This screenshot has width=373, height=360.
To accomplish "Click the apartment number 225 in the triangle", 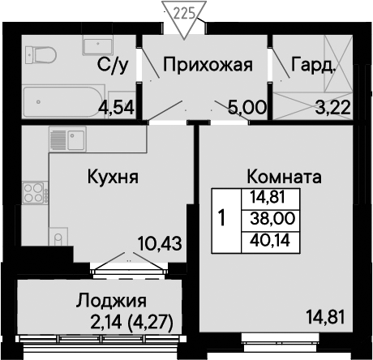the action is (x=184, y=14).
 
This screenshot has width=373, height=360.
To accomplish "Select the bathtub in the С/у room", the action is (x=64, y=102).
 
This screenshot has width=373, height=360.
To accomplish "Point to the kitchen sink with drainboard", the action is (x=67, y=139).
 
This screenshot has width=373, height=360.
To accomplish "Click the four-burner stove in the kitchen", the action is (x=35, y=193).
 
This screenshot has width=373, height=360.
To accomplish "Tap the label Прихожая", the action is (x=208, y=65).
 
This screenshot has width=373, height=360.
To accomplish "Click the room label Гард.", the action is (x=313, y=65).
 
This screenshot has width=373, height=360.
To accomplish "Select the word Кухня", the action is (x=113, y=177).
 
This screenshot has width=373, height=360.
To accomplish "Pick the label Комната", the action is (x=285, y=177).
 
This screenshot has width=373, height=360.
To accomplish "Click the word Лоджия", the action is (x=111, y=301).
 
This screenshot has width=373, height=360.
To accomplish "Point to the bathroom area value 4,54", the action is (x=116, y=108).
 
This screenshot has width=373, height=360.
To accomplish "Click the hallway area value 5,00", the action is (x=247, y=108).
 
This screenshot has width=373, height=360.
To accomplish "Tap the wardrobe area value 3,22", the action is (x=333, y=108).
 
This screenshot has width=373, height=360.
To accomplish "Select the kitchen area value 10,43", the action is (x=160, y=243).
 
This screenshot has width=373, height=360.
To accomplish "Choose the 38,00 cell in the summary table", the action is (x=272, y=218).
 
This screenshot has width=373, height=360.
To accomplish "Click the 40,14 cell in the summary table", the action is (x=270, y=240).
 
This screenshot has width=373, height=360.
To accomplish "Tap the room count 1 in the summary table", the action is (x=221, y=218).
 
